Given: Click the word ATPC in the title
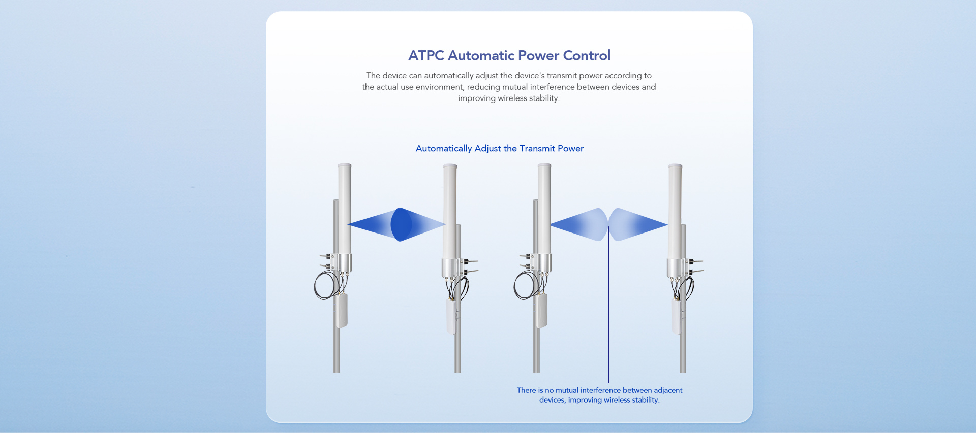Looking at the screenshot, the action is coord(426,55).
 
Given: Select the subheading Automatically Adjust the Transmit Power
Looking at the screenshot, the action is coord(500,148).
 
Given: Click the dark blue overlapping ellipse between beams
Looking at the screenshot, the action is coord(401,224).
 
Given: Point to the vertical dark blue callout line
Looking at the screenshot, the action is coord(608,305).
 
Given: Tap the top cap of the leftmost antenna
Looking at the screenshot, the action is coord(345,166).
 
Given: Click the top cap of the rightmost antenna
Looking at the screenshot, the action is coord(675,166).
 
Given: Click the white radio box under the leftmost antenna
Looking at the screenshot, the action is coord(341,311).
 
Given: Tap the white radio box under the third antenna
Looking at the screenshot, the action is coord(540,311).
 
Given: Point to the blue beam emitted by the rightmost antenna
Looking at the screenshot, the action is coord(637,224).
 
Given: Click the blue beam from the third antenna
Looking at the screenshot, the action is coord(579,224).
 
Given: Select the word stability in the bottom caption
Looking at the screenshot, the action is coord(645,400).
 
